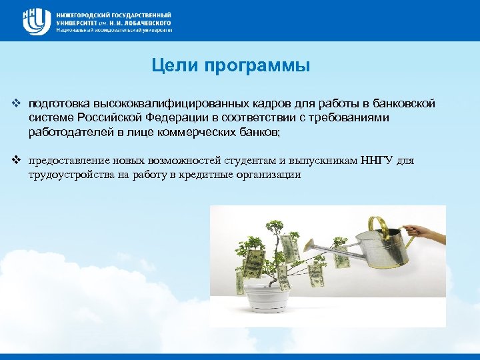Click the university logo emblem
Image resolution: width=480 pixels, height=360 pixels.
coord(34,21)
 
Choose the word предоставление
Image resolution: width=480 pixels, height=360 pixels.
coord(67,161)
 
